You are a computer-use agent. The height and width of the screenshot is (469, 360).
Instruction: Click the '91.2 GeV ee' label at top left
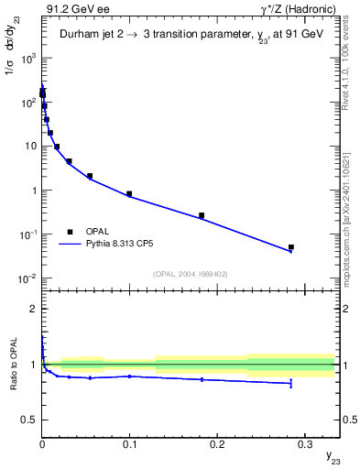click(x=71, y=9)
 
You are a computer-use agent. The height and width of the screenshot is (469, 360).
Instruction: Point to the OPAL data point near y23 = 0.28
click(x=291, y=247)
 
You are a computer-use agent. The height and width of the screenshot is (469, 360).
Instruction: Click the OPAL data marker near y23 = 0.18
click(x=202, y=215)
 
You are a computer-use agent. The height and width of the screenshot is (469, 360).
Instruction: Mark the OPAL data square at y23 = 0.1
click(x=129, y=194)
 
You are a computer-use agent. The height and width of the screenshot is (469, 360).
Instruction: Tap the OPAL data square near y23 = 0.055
click(x=90, y=176)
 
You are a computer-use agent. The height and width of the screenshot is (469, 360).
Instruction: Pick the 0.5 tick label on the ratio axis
click(x=29, y=420)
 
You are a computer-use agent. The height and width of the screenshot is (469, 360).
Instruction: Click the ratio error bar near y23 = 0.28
click(x=291, y=383)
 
